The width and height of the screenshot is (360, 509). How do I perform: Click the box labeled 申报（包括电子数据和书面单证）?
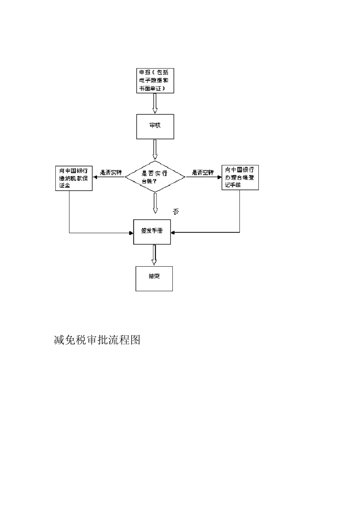click(x=155, y=80)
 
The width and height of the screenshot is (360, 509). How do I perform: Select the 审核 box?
click(x=155, y=126)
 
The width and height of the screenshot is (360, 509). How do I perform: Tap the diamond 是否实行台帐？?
click(x=155, y=177)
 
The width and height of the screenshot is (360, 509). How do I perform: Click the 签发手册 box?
click(x=152, y=231)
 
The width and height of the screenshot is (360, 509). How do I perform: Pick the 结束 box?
click(x=154, y=278)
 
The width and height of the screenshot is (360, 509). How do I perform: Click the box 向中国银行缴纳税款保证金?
click(x=74, y=178)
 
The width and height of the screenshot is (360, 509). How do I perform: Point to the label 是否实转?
click(x=111, y=173)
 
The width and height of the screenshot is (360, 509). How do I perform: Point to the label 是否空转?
click(x=202, y=173)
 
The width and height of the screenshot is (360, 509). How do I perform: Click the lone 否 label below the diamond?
click(x=176, y=211)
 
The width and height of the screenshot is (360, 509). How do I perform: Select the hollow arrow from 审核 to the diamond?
click(x=155, y=150)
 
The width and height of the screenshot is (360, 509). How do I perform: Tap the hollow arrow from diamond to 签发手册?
click(x=155, y=203)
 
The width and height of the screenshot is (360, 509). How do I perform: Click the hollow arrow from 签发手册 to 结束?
click(x=154, y=255)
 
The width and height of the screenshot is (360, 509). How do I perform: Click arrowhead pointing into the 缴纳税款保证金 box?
click(x=95, y=177)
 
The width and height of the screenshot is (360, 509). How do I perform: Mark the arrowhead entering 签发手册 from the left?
click(x=131, y=233)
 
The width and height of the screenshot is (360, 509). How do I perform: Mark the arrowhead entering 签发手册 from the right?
click(x=173, y=232)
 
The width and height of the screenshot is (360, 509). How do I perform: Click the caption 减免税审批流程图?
click(x=97, y=340)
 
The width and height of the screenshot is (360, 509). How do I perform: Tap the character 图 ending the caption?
click(x=135, y=340)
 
